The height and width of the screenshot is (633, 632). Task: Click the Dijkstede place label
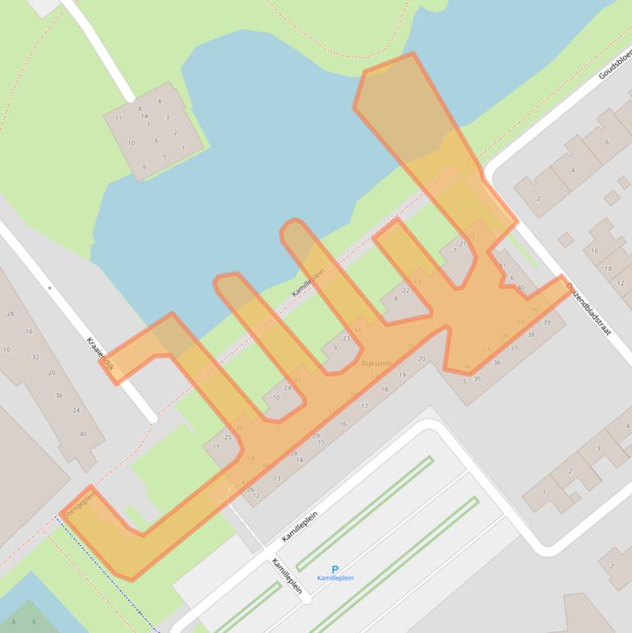pyautogui.click(x=376, y=363)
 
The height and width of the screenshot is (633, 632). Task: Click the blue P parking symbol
pyautogui.click(x=334, y=569)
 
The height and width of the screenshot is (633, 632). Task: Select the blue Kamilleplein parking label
pyautogui.click(x=335, y=578)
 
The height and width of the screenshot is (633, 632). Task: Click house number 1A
pyautogui.click(x=145, y=116)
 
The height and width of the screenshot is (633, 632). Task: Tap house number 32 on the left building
pyautogui.click(x=35, y=357)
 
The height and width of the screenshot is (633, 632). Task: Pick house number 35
pyautogui.click(x=477, y=379)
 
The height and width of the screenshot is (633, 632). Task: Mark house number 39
pyautogui.click(x=547, y=322)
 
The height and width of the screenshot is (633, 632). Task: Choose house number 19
pyautogui.click(x=402, y=375)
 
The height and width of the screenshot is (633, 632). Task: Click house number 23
pyautogui.click(x=346, y=338)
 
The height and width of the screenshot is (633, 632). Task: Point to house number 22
pyautogui.click(x=405, y=290)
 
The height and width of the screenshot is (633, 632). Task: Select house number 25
pyautogui.click(x=228, y=437)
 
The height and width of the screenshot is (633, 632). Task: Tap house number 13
pyautogui.click(x=277, y=478)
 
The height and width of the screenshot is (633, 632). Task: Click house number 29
pyautogui.click(x=316, y=436)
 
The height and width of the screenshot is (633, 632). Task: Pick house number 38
pyautogui.click(x=531, y=335)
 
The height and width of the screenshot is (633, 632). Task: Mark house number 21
pyautogui.click(x=464, y=243)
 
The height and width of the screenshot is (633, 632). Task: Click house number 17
pyautogui.click(x=364, y=405)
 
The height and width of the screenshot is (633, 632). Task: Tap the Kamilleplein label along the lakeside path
pyautogui.click(x=308, y=282)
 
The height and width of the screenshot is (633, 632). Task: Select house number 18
pyautogui.click(x=384, y=389)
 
